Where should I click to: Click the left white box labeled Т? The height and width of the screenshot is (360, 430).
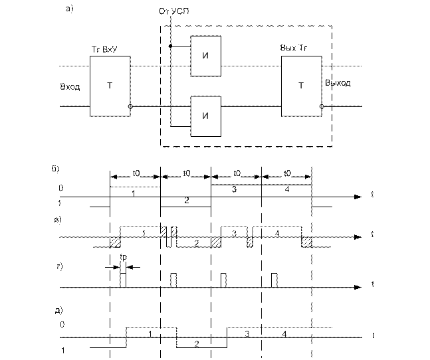[x=110, y=86]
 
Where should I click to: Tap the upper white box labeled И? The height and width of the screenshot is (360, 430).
[x=205, y=54]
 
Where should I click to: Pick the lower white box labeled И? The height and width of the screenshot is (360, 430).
[x=205, y=116]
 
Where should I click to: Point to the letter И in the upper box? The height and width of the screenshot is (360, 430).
[x=205, y=54]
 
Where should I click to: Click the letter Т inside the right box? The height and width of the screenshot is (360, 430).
[x=301, y=86]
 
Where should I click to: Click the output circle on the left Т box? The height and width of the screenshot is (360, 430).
[x=131, y=106]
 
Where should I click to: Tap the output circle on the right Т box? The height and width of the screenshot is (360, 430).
[x=322, y=106]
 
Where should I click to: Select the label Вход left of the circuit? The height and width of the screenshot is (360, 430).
[x=70, y=86]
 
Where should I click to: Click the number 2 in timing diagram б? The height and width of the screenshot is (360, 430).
[x=187, y=199]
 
